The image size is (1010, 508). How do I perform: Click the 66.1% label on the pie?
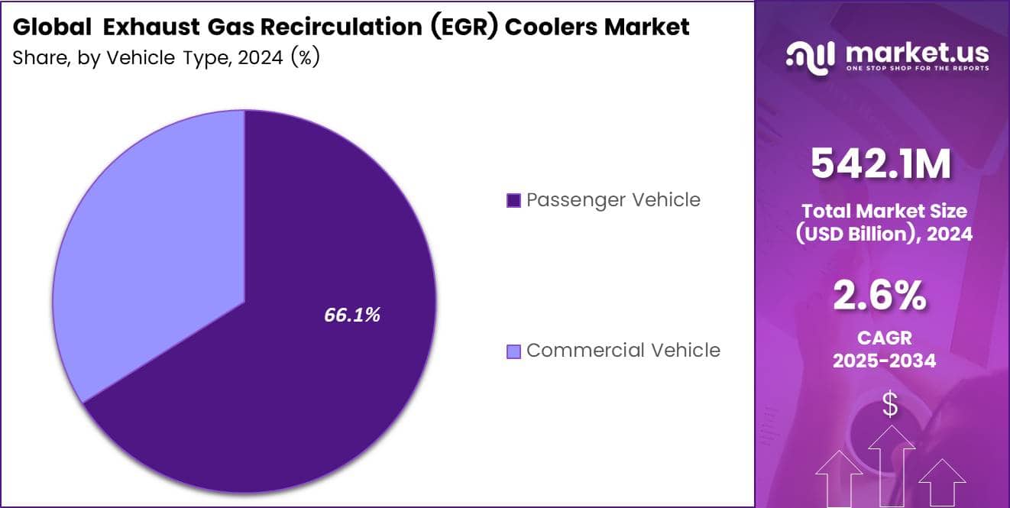point(352,315)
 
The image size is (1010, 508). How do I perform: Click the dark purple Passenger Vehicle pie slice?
point(306,382)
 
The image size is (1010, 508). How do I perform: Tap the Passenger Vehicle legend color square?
point(513,201)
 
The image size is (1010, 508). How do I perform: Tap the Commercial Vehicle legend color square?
point(513,351)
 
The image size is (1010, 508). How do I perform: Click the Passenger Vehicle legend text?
point(613,200)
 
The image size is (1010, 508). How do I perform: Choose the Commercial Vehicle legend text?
point(623,351)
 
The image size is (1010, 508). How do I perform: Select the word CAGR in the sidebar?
point(885,337)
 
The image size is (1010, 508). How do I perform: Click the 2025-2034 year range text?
point(885,361)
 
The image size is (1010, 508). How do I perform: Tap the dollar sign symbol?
point(890,405)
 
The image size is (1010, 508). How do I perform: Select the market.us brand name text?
point(917,53)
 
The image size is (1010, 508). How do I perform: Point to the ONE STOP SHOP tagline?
point(917,69)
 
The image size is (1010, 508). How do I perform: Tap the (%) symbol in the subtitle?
point(304,57)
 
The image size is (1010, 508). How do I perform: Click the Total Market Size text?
point(884,211)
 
